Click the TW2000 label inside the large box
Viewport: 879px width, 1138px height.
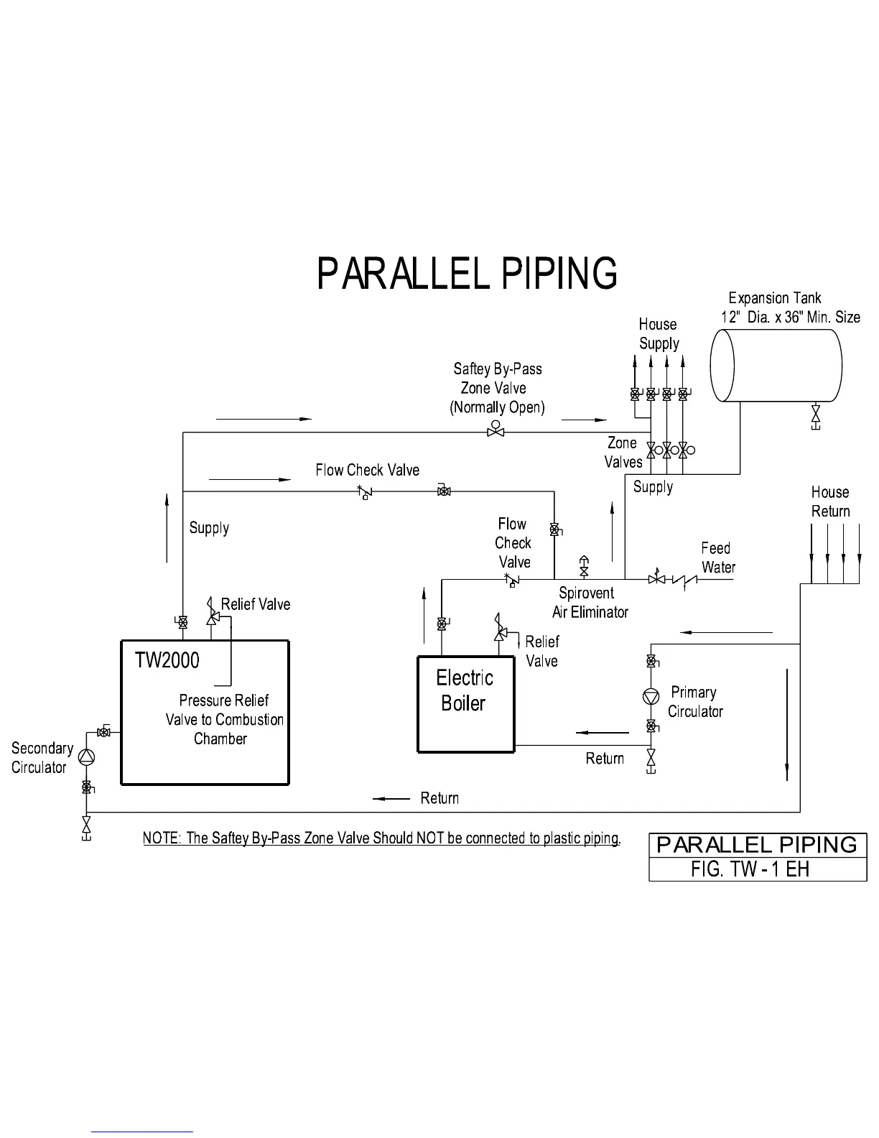(x=167, y=660)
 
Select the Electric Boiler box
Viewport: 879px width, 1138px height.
(x=466, y=704)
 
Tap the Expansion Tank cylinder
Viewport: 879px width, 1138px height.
(x=776, y=366)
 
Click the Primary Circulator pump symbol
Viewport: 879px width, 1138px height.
(x=651, y=696)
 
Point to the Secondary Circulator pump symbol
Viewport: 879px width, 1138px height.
(x=87, y=757)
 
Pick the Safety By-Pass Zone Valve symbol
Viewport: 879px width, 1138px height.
(x=496, y=429)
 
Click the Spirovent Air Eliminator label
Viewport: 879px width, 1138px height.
(x=589, y=603)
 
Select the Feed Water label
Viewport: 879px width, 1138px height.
(x=717, y=558)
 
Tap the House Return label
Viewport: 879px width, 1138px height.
(x=830, y=501)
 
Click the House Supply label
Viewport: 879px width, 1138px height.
(x=659, y=334)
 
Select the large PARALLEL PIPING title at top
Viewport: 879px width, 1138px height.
(x=467, y=274)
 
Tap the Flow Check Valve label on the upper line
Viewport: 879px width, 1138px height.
(x=367, y=470)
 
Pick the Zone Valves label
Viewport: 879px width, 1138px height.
(x=623, y=453)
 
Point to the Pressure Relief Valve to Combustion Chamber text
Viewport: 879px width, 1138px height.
(x=224, y=719)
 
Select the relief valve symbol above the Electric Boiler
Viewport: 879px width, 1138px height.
(x=498, y=628)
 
